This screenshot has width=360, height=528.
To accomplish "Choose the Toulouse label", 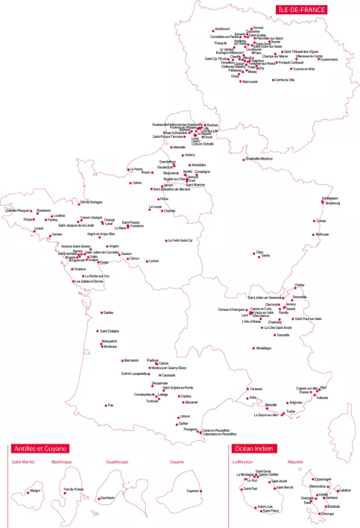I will coord(153,400).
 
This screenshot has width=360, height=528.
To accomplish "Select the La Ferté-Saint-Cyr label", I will coord(180,240).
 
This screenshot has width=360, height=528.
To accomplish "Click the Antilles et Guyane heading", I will coord(40,449).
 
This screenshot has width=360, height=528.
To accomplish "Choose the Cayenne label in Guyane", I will coord(193,491).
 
